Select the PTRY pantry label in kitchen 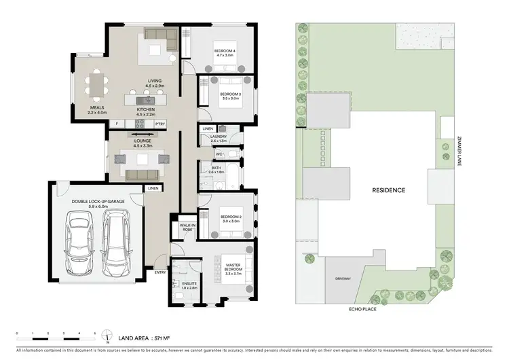pyautogui.click(x=160, y=124)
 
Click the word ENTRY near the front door pyautogui.click(x=160, y=272)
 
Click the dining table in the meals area pyautogui.click(x=96, y=86)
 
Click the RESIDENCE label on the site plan pyautogui.click(x=388, y=190)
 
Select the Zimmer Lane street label pyautogui.click(x=459, y=156)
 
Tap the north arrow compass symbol pyautogui.click(x=98, y=337)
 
